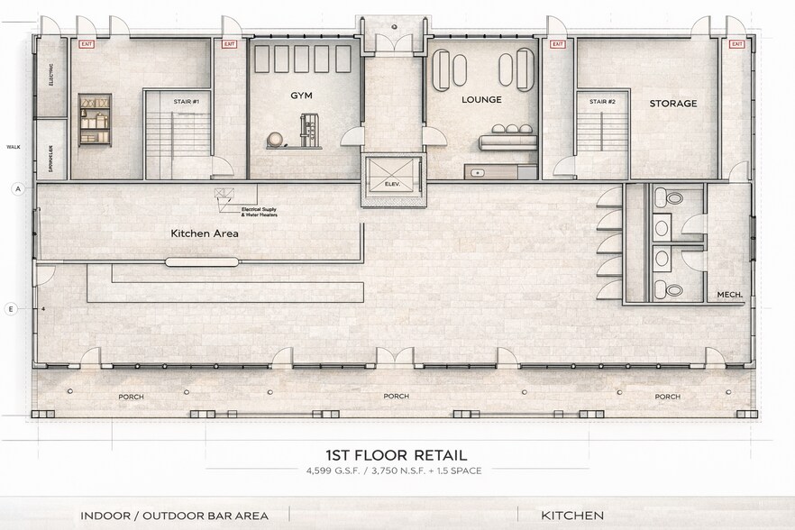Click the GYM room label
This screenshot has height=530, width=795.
click(300, 95)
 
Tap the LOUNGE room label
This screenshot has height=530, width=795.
click(480, 99)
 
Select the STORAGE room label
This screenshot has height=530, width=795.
click(673, 104)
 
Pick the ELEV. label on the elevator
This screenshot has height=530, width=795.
click(391, 184)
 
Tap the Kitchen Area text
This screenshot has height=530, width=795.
click(204, 233)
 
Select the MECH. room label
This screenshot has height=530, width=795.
click(728, 295)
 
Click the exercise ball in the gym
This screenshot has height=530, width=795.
click(274, 140)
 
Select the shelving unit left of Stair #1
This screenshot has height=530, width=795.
click(94, 119)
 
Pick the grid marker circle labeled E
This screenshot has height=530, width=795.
click(12, 309)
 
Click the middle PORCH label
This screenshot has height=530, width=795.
click(396, 397)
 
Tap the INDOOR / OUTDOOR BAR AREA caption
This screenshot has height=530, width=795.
click(174, 516)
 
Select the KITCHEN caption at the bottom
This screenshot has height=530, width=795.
click(572, 516)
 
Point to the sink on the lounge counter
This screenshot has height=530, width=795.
click(477, 170)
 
